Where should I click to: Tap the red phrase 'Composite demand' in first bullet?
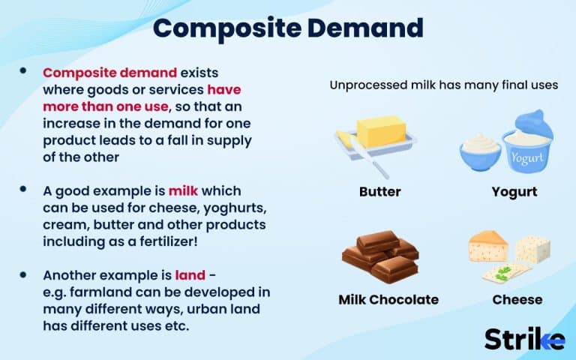(x=110, y=73)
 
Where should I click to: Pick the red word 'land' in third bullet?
(x=190, y=275)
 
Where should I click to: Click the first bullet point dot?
(x=24, y=71)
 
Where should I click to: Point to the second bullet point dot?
(x=24, y=190)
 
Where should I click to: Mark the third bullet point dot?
(x=24, y=274)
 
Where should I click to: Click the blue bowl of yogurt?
(x=480, y=151)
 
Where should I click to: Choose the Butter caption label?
(x=379, y=192)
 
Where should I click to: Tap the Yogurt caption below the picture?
(x=514, y=192)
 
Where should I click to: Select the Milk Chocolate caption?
(x=388, y=300)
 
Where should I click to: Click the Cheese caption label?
(x=517, y=300)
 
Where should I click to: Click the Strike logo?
(x=523, y=338)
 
